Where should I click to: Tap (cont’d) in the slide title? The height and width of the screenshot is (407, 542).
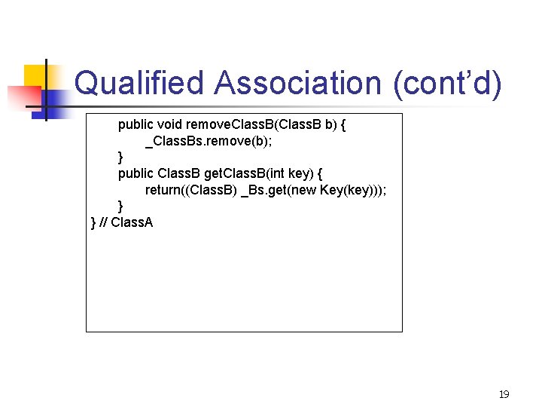(x=446, y=83)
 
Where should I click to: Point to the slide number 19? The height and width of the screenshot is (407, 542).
(x=504, y=394)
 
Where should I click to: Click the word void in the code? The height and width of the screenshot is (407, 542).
(x=169, y=124)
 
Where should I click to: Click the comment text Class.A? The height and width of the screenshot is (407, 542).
(x=132, y=222)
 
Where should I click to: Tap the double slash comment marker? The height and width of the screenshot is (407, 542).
(x=103, y=222)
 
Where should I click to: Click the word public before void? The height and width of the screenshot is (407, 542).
(x=135, y=124)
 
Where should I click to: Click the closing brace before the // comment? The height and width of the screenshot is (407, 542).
(x=93, y=222)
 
